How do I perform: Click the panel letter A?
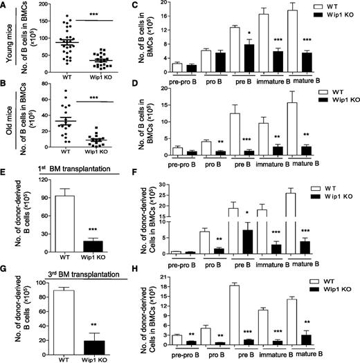(5, 6)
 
